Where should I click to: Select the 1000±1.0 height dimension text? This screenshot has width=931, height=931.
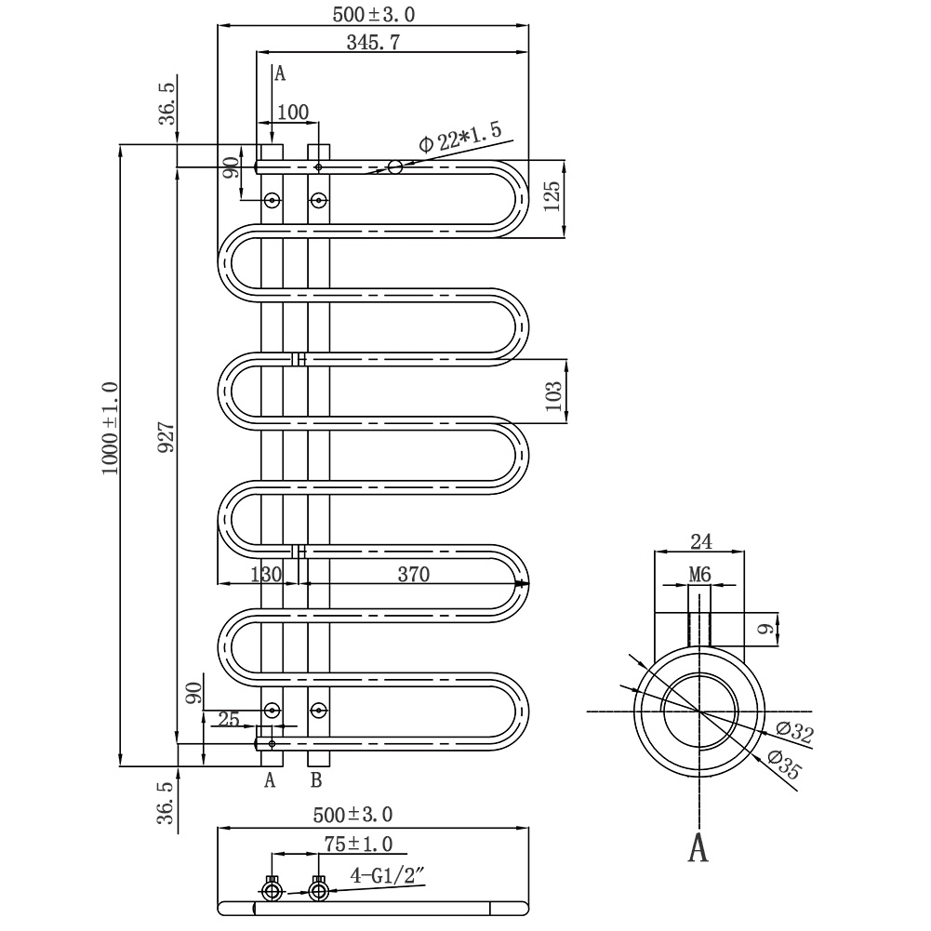111,429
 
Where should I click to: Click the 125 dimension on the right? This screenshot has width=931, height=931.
552,198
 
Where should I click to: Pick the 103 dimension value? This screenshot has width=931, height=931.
554,396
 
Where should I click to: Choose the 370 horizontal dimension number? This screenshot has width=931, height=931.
412,574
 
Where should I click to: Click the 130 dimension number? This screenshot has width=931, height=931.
266,574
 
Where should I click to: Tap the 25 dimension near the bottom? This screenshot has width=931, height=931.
229,718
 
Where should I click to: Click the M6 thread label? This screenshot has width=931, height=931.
699,576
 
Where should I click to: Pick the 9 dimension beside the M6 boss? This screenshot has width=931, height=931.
765,630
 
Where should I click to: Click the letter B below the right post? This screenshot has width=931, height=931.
316,779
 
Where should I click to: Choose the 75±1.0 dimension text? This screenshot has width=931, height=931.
358,844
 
